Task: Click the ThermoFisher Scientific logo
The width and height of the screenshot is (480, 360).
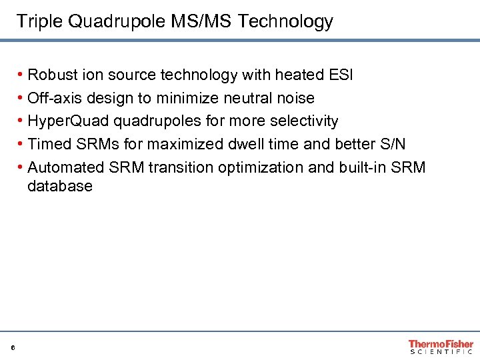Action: (x=441, y=346)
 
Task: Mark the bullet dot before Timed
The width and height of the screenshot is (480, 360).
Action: (x=21, y=145)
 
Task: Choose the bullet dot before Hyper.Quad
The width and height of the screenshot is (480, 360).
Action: (x=21, y=121)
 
